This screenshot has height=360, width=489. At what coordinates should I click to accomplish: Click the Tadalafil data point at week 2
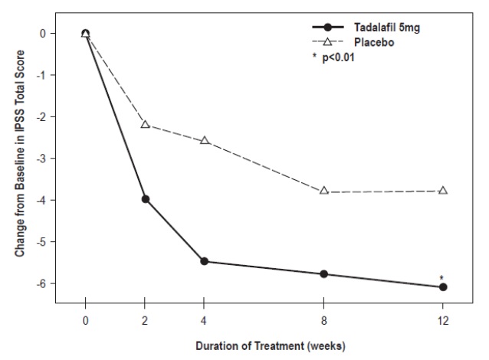coord(145,199)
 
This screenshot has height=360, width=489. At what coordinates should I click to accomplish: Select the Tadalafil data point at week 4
coord(205,261)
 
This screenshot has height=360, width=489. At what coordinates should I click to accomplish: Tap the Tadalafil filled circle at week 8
coord(323,274)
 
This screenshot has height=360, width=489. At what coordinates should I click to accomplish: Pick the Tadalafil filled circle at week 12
coord(443,287)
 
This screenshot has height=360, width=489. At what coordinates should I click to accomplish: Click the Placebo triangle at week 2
coord(145,123)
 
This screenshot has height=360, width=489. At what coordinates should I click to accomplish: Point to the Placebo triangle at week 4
coord(205,140)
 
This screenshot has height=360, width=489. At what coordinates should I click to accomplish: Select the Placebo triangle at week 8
coord(323,190)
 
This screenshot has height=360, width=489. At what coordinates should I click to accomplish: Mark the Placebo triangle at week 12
coord(443,189)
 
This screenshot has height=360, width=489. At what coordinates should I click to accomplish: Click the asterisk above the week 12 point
coord(442,278)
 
